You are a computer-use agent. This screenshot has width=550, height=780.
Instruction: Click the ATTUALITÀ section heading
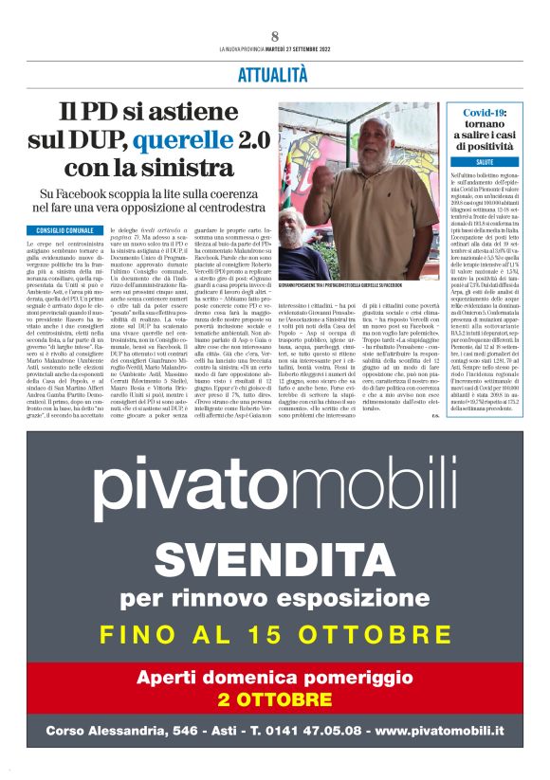tap(274, 77)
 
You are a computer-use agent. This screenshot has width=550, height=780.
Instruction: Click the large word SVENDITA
tap(274, 558)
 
